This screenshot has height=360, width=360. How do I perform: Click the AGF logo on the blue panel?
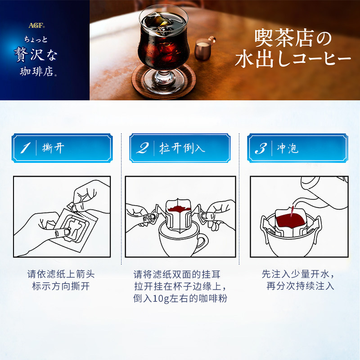[36, 25]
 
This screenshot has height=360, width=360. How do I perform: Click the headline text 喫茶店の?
[293, 38]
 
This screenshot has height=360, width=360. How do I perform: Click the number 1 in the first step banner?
[25, 148]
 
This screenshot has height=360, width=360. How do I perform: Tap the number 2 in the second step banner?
[143, 148]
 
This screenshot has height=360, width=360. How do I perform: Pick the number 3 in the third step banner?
[261, 148]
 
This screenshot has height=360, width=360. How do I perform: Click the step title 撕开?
[53, 148]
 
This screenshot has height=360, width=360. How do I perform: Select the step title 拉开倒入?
[182, 148]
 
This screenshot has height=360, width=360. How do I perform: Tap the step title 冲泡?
[288, 148]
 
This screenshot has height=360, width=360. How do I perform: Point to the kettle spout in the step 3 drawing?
[298, 202]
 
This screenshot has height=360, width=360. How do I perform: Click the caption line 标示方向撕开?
[61, 286]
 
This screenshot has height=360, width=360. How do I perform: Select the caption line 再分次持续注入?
[300, 286]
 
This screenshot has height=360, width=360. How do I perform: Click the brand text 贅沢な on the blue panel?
[36, 54]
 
